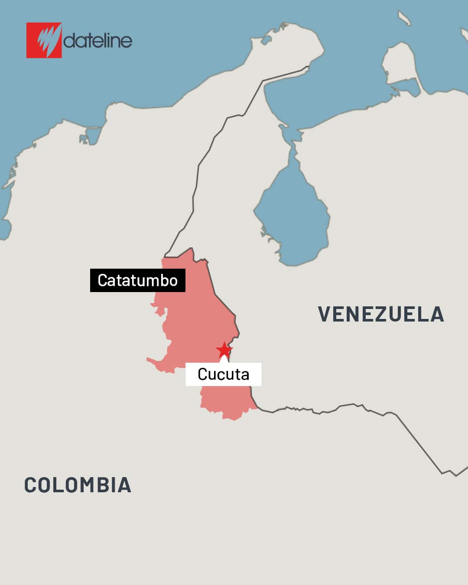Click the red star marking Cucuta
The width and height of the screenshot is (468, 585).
click(x=224, y=350)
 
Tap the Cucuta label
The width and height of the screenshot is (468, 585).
click(x=223, y=374)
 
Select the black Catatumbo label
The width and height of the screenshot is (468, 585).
click(x=137, y=280)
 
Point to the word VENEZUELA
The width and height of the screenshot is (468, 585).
click(x=381, y=314)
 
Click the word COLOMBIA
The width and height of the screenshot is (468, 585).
click(x=78, y=485)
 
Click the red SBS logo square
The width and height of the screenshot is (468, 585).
click(x=44, y=40)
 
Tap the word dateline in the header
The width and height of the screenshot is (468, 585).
click(x=98, y=41)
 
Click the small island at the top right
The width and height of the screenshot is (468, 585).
click(x=404, y=18)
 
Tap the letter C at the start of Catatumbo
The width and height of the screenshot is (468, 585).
click(x=103, y=280)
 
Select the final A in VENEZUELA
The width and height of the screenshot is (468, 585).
click(x=437, y=314)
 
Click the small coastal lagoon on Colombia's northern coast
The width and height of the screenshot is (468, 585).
click(x=92, y=134)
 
